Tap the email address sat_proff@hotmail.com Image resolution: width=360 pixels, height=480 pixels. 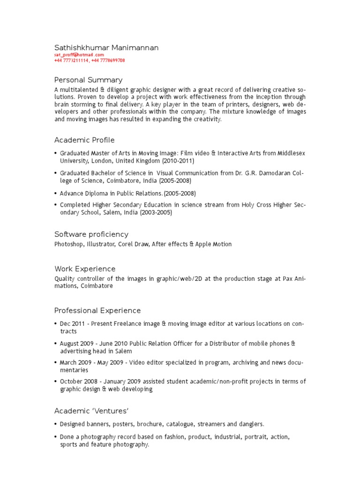[79, 55]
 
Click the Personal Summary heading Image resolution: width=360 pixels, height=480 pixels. [89, 80]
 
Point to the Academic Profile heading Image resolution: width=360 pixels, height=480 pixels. [84, 140]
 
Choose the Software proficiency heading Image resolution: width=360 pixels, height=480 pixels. [91, 234]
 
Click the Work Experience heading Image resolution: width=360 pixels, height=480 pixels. [85, 269]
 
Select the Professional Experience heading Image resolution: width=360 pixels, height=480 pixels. [97, 311]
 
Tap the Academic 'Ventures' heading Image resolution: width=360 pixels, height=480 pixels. [91, 411]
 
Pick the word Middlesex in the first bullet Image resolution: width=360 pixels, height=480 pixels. [291, 153]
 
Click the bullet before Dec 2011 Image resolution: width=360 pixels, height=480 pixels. [56, 324]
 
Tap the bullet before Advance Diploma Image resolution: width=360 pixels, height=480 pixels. [56, 194]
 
